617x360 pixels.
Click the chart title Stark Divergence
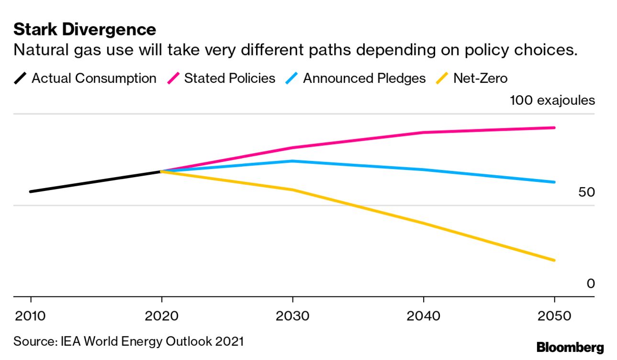(x=85, y=30)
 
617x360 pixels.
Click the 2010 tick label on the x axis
(x=31, y=316)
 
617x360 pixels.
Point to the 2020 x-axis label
(x=162, y=316)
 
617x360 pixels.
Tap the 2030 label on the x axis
(x=292, y=316)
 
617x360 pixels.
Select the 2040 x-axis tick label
(x=424, y=316)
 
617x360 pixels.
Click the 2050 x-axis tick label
(x=554, y=316)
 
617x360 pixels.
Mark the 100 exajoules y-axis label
(x=552, y=101)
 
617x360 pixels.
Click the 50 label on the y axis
(x=586, y=192)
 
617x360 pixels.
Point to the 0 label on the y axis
(x=591, y=284)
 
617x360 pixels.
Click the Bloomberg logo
(x=570, y=348)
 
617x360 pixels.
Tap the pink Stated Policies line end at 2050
(x=554, y=128)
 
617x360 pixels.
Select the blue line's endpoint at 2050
(x=554, y=182)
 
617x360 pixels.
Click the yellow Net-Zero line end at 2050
(x=554, y=260)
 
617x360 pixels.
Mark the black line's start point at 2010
(x=31, y=191)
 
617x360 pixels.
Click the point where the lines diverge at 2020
(x=162, y=171)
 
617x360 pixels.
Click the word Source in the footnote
(x=34, y=341)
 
